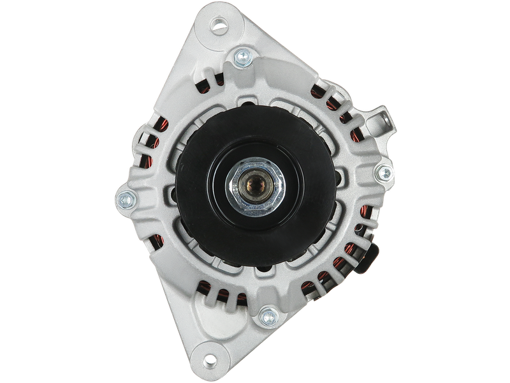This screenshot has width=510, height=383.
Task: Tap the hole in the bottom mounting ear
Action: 207,352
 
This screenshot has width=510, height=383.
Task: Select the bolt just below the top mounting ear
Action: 242,58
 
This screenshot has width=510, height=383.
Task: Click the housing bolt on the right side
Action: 383,171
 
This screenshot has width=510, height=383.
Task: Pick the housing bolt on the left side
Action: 125,198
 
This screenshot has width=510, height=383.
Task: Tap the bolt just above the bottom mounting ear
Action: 266,313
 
